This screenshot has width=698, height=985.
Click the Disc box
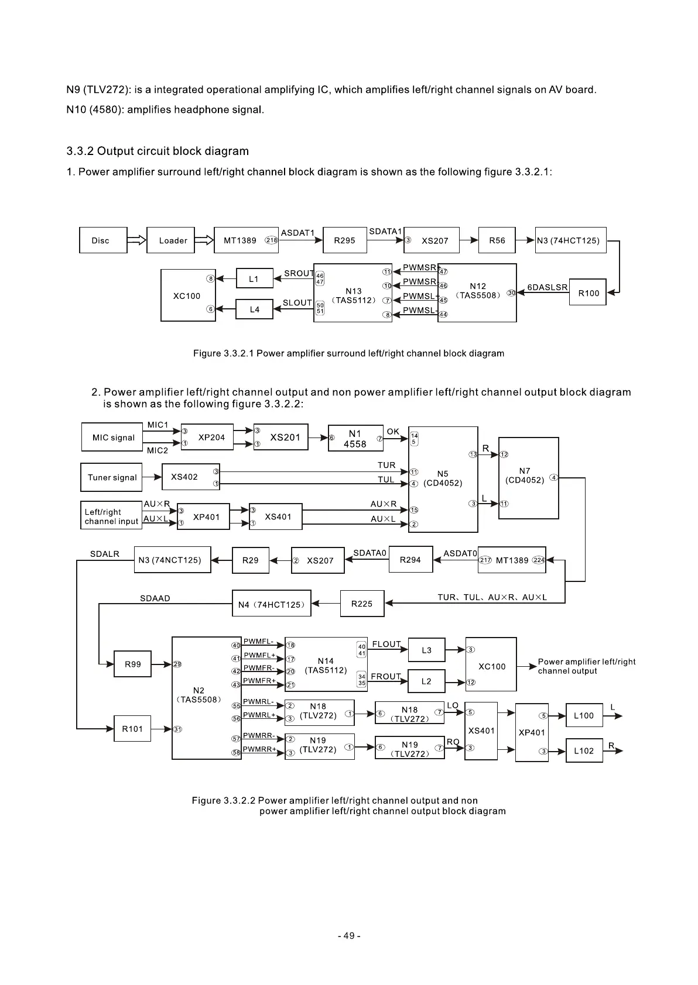tap(103, 240)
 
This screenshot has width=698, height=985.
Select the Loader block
tap(170, 240)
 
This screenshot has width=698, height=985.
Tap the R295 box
tap(344, 240)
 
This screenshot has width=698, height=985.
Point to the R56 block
tap(497, 240)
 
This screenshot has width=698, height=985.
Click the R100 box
tap(587, 293)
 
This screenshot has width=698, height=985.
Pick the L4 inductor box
tap(254, 309)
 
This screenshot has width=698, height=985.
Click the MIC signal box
tap(112, 438)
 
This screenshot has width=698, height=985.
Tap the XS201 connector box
tap(281, 438)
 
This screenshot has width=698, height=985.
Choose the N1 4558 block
tap(355, 439)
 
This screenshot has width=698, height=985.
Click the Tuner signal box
tap(112, 477)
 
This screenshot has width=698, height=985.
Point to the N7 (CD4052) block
tap(528, 478)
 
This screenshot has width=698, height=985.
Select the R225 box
tap(362, 604)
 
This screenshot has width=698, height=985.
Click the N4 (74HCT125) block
tap(272, 604)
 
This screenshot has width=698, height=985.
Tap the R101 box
tap(132, 729)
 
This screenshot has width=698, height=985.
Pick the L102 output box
tap(584, 750)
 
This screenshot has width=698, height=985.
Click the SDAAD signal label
tap(155, 598)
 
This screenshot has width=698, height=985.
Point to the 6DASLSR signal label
tap(548, 287)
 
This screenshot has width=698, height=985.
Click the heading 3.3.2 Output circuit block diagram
tap(158, 151)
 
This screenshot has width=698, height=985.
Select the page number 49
tap(349, 936)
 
